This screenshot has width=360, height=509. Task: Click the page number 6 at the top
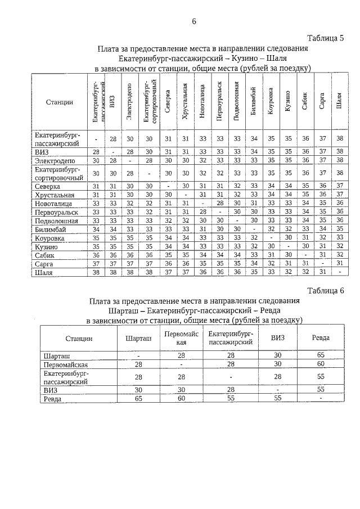[x=194, y=21]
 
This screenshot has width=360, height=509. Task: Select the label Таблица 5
[x=325, y=38]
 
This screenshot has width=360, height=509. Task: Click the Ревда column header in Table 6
[x=321, y=338]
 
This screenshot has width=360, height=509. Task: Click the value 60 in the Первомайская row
[x=321, y=364]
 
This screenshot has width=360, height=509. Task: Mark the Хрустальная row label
[x=54, y=195]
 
